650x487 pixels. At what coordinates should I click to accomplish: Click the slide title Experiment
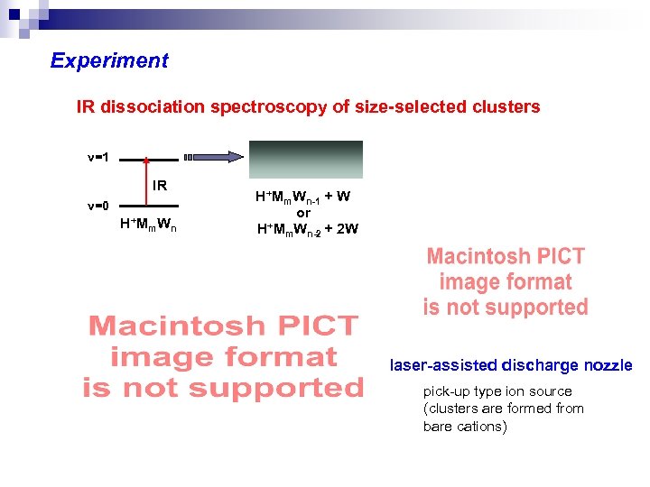[109, 61]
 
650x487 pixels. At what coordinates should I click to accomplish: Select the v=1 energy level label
[98, 158]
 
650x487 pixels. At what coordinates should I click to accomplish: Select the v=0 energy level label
[98, 205]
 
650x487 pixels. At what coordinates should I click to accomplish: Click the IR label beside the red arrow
[160, 186]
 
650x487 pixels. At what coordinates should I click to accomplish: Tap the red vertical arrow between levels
[146, 181]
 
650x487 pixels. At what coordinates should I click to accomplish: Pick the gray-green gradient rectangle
[306, 160]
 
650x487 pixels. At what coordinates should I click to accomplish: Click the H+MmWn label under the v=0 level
[148, 225]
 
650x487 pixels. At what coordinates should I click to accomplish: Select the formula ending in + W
[303, 198]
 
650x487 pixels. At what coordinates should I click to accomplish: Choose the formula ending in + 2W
[307, 229]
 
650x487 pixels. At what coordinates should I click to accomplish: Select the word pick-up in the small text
[446, 391]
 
